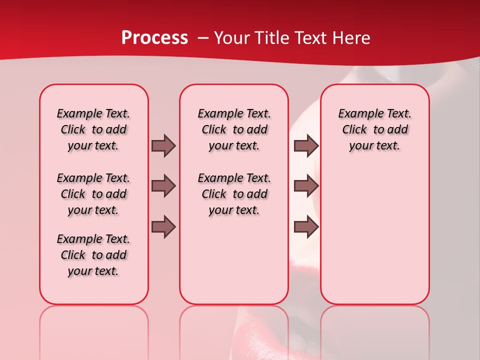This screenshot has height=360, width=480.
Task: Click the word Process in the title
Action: [154, 38]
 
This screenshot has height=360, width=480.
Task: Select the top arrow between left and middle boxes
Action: [163, 145]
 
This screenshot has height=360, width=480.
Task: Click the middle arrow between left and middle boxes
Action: [163, 186]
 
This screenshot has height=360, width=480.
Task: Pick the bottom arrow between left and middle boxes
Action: [163, 227]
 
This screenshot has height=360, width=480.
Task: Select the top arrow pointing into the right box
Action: [305, 145]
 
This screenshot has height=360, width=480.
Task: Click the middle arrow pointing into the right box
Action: [305, 186]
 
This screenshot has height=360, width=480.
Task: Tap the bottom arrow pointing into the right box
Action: [305, 227]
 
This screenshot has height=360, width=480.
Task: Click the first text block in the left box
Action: [93, 129]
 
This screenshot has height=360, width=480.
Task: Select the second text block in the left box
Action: [93, 194]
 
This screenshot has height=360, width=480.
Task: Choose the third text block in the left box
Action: [93, 255]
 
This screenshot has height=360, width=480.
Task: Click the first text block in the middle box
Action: [234, 129]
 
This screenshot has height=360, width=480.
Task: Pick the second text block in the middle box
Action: [234, 194]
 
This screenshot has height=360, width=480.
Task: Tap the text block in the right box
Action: [374, 129]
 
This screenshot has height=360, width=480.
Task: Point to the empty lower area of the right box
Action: [374, 235]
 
